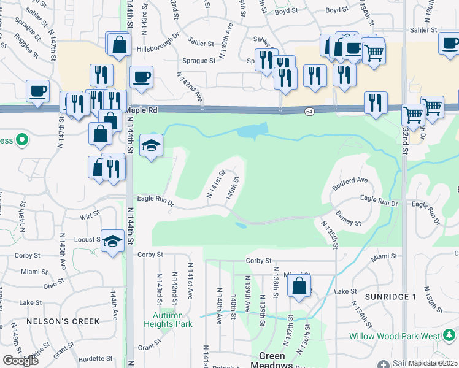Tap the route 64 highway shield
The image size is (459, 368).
click(x=309, y=111)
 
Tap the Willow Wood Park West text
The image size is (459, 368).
click(x=394, y=336)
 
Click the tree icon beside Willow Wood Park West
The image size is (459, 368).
click(x=449, y=335)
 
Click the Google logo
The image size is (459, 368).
click(x=20, y=361)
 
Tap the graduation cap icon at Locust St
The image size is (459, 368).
click(x=113, y=240)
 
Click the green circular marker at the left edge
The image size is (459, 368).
click(x=22, y=141)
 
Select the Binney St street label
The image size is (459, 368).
click(x=349, y=219)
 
